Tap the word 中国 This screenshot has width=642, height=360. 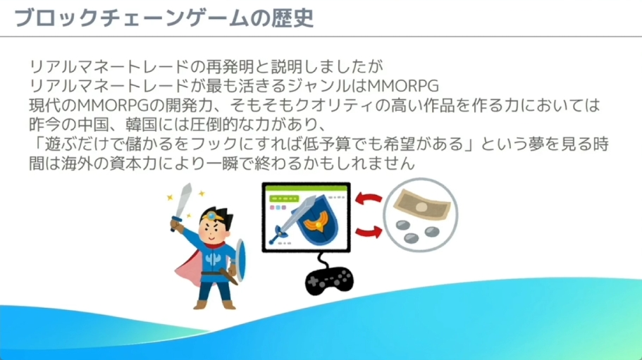click(93, 125)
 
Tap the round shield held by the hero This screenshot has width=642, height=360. click(241, 260)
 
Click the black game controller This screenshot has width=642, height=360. click(329, 280)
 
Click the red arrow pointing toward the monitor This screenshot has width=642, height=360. click(368, 199)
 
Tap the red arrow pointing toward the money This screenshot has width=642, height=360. click(369, 232)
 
